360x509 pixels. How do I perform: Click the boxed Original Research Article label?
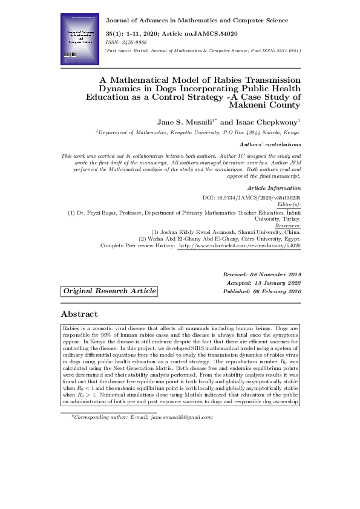coord(109,291)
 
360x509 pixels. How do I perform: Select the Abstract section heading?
coord(79,314)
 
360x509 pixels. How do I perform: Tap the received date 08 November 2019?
coord(278,274)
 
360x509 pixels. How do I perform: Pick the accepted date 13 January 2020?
coord(281,283)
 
